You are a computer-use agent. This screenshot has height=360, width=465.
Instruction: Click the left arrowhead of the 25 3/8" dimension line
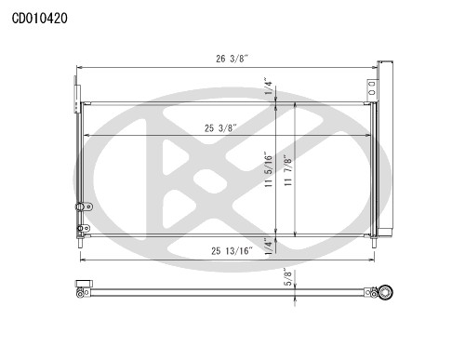pos(86,135)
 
